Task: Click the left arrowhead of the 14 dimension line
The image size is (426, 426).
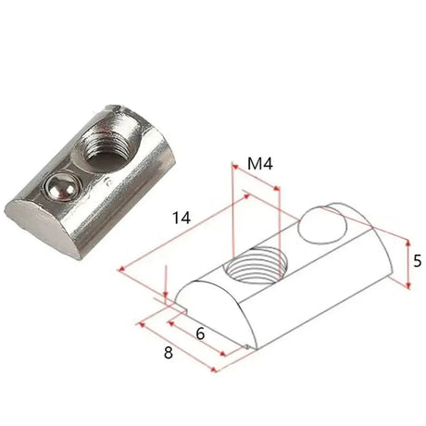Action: (x=121, y=269)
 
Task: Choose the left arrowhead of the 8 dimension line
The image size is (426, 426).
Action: (x=139, y=323)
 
